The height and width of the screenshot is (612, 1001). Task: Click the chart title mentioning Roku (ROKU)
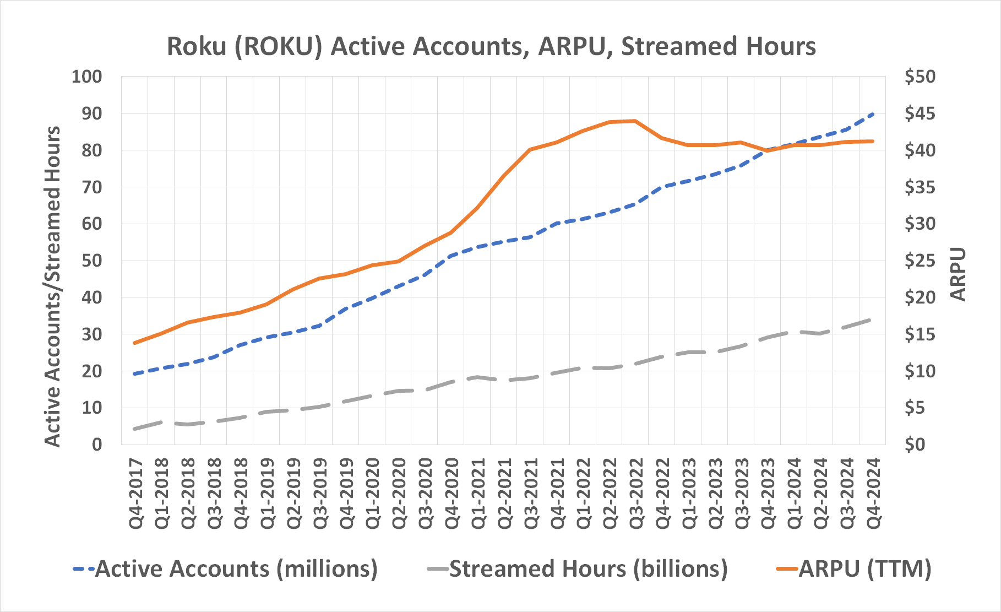pyautogui.click(x=491, y=46)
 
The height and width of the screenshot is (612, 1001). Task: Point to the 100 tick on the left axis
pyautogui.click(x=86, y=77)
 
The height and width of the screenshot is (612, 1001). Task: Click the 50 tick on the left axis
pyautogui.click(x=91, y=261)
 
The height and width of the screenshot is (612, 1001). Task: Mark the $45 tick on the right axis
pyautogui.click(x=920, y=113)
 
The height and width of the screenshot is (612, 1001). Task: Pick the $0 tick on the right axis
pyautogui.click(x=920, y=445)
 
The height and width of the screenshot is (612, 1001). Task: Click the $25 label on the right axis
pyautogui.click(x=920, y=261)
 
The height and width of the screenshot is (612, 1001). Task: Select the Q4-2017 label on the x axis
pyautogui.click(x=135, y=494)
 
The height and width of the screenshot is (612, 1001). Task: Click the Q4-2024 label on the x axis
pyautogui.click(x=873, y=494)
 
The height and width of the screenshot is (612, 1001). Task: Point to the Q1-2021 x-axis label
pyautogui.click(x=478, y=494)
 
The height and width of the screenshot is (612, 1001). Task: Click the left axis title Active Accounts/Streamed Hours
pyautogui.click(x=52, y=286)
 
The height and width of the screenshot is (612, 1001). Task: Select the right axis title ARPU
pyautogui.click(x=959, y=274)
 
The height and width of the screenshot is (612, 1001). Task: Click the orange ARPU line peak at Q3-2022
pyautogui.click(x=635, y=121)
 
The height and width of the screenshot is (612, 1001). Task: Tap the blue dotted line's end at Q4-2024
pyautogui.click(x=873, y=114)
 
